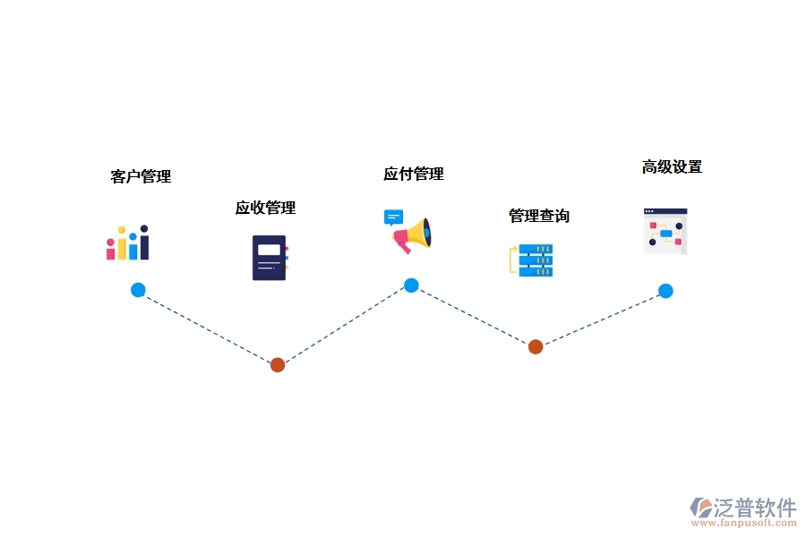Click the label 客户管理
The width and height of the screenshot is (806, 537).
[141, 176]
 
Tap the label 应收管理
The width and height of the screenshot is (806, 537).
[265, 208]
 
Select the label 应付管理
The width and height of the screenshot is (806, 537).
[414, 174]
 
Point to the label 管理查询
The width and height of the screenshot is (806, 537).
[539, 216]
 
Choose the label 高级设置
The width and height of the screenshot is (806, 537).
[672, 166]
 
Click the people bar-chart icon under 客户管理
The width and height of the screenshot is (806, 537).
[127, 243]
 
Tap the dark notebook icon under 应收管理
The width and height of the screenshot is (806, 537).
[270, 258]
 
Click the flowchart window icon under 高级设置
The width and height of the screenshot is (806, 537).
[665, 231]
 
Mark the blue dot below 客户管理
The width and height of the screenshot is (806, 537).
[138, 290]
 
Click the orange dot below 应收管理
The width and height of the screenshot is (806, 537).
[278, 364]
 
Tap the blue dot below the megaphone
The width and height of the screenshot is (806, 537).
[411, 286]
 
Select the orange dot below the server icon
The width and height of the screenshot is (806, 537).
[536, 346]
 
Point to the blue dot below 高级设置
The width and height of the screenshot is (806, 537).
[665, 291]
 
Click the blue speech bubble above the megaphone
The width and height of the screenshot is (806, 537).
[393, 217]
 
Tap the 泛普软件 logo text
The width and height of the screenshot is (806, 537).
[754, 507]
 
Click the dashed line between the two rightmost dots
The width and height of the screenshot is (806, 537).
[600, 319]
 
